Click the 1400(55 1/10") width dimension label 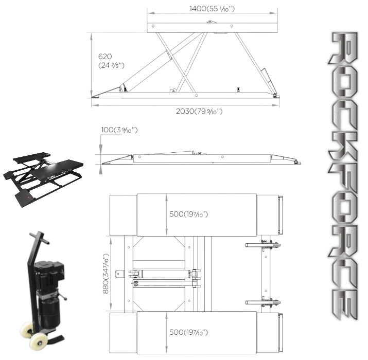[x=212, y=9]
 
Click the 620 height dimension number [x=105, y=57]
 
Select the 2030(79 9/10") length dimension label [x=199, y=111]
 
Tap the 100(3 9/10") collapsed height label [x=119, y=130]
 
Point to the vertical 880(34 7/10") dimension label [x=106, y=274]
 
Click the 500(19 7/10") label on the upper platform [x=189, y=214]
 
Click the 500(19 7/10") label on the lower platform [x=189, y=332]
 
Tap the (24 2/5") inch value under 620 [x=111, y=65]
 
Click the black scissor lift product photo [x=43, y=179]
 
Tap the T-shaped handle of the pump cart [x=39, y=237]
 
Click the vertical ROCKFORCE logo [x=343, y=176]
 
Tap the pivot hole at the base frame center [x=196, y=95]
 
